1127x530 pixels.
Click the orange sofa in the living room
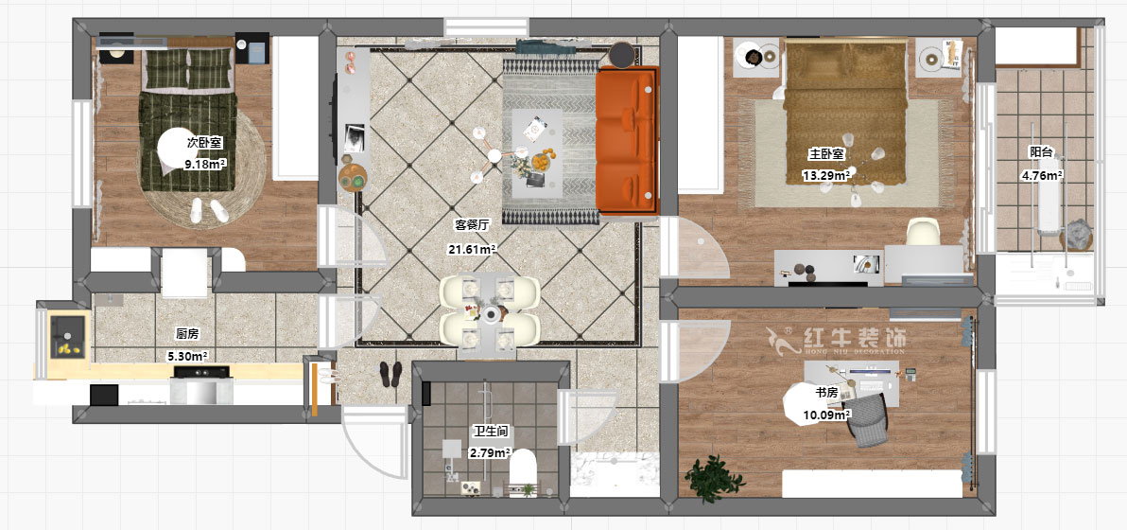coord(627,140)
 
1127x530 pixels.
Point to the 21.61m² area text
coord(472,249)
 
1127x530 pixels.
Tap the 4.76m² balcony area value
coord(1042,174)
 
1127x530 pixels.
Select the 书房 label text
coord(825,393)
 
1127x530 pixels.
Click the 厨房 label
coord(187,334)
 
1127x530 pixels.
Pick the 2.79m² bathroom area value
coord(490,453)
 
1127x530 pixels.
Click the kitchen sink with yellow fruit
coord(68,336)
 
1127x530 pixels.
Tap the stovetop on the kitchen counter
coord(202,372)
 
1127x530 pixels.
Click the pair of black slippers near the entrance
coord(391,374)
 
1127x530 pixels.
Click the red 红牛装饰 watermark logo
coord(835,340)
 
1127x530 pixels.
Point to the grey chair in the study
coord(868,420)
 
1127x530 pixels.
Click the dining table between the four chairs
coord(490,314)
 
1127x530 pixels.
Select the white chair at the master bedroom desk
coord(922,232)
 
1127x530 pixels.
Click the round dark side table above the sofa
coord(622,54)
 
